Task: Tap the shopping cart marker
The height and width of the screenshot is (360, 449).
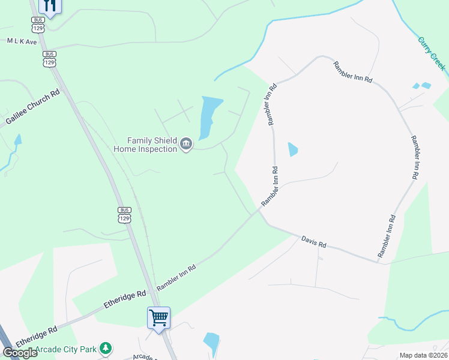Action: pos(159,317)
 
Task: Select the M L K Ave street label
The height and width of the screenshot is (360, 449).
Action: pos(22,42)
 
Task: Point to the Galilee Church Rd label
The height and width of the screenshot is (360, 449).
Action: pos(33,108)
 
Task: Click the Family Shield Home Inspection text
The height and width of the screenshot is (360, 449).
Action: pos(146,143)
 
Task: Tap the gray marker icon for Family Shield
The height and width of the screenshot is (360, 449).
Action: pos(186,144)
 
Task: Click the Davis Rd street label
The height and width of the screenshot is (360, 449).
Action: pos(313,242)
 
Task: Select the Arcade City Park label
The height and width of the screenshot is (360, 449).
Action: pos(66,349)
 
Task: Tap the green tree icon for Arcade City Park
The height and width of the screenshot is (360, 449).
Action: pos(106,348)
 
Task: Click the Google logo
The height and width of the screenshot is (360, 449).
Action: pos(20,353)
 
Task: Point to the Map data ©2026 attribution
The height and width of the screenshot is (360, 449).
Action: pos(423,355)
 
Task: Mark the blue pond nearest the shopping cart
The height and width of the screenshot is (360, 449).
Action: pos(211,343)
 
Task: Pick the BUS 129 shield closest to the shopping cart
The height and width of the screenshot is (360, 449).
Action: pos(124,214)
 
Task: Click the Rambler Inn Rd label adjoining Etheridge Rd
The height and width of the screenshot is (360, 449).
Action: pos(176,278)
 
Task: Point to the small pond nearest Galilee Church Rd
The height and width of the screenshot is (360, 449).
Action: pos(18,140)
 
